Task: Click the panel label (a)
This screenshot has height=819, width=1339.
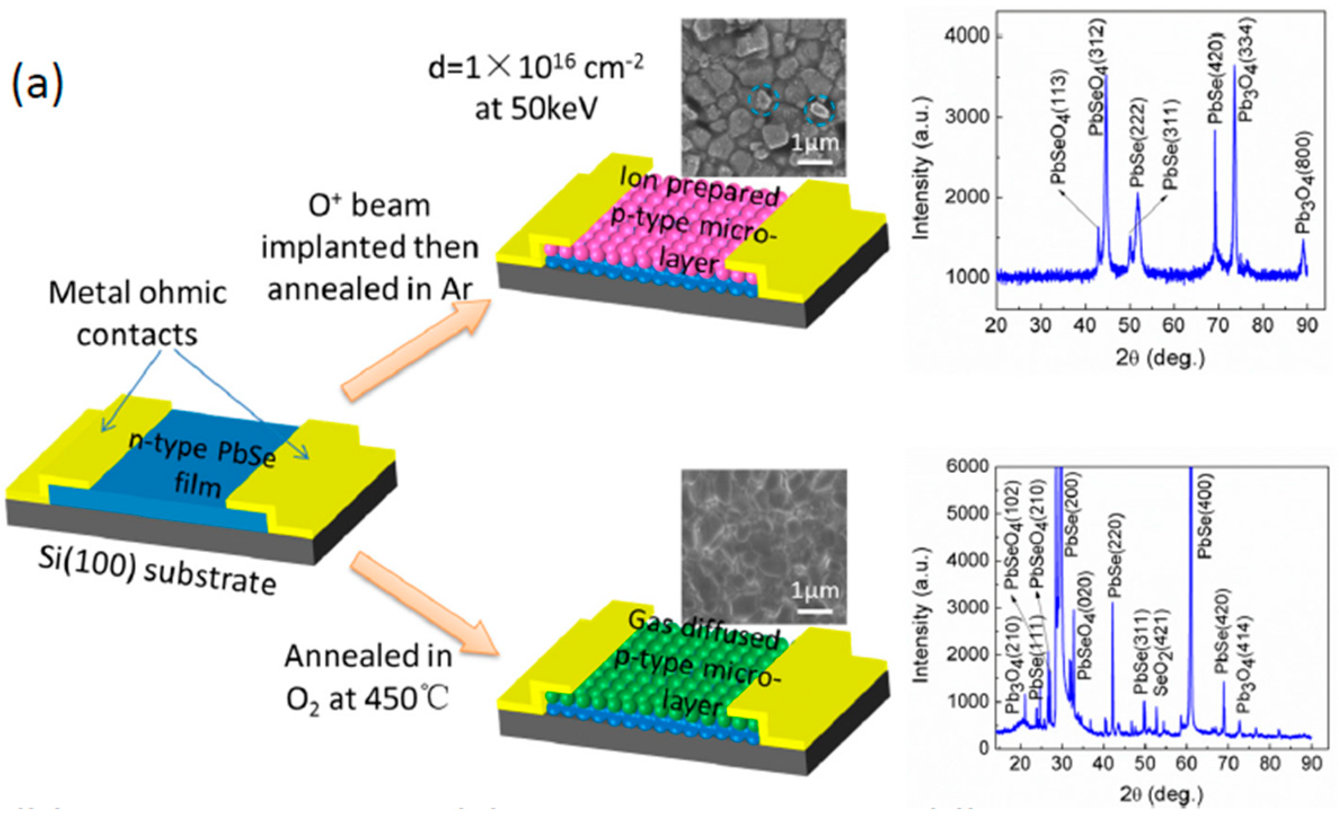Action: (x=37, y=85)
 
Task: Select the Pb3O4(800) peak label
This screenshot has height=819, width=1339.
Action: (x=1303, y=183)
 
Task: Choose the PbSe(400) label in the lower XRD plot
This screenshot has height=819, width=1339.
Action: (x=1204, y=516)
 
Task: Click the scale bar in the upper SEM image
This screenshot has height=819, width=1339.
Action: (x=815, y=162)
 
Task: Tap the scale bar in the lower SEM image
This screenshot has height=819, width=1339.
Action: (x=815, y=610)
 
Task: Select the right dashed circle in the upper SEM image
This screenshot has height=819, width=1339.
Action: (x=819, y=110)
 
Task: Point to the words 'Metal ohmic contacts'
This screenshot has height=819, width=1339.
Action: (x=138, y=313)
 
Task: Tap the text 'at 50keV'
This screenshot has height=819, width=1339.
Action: (x=536, y=109)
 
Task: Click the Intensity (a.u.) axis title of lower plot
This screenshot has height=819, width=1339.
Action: (x=921, y=614)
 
